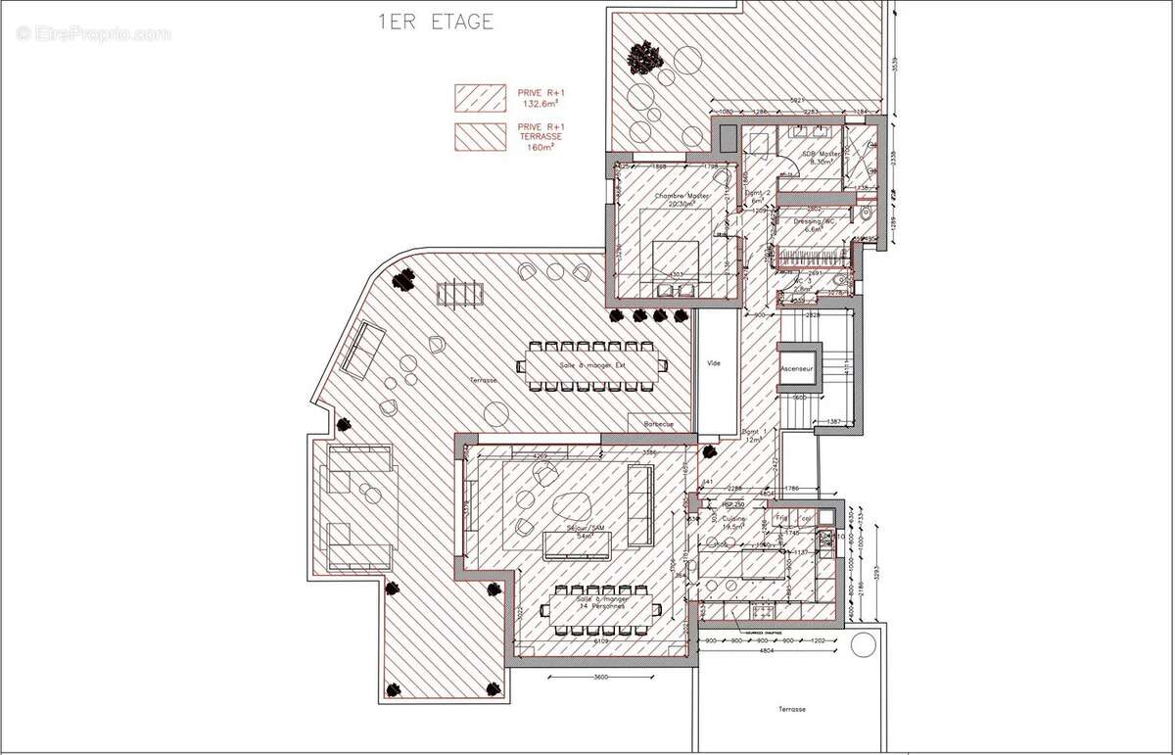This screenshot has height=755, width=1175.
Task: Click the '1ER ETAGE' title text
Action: (436, 23)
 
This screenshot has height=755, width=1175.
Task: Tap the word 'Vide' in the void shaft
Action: (714, 363)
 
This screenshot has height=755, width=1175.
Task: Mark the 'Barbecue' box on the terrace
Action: (658, 424)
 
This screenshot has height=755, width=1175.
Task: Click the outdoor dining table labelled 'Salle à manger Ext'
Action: (591, 365)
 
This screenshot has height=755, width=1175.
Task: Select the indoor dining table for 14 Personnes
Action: (602, 610)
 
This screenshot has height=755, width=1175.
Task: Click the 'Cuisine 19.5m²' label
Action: (735, 522)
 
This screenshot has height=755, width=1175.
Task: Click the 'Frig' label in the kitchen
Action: (781, 517)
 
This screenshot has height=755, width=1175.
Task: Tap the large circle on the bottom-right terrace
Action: (863, 644)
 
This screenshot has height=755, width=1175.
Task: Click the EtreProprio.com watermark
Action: (93, 33)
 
